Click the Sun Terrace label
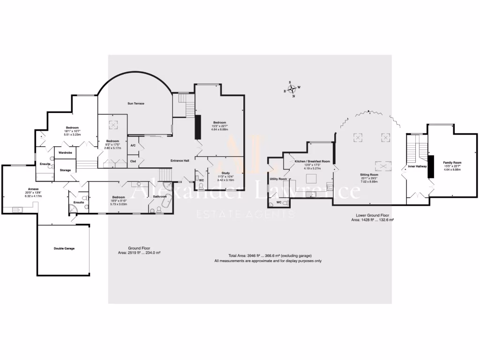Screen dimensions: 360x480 pyautogui.click(x=136, y=103)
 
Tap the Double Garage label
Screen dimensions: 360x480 pyautogui.click(x=64, y=248)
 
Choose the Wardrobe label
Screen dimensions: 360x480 pyautogui.click(x=65, y=152)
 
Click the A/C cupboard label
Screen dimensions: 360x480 pyautogui.click(x=133, y=145)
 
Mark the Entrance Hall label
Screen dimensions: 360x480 pyautogui.click(x=180, y=160)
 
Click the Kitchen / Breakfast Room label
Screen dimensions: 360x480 pyautogui.click(x=312, y=161)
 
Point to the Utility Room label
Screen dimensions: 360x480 pyautogui.click(x=278, y=179)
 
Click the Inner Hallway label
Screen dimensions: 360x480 pyautogui.click(x=417, y=166)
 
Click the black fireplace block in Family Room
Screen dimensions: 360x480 pyautogui.click(x=431, y=166)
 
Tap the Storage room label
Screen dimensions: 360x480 pyautogui.click(x=65, y=170)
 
